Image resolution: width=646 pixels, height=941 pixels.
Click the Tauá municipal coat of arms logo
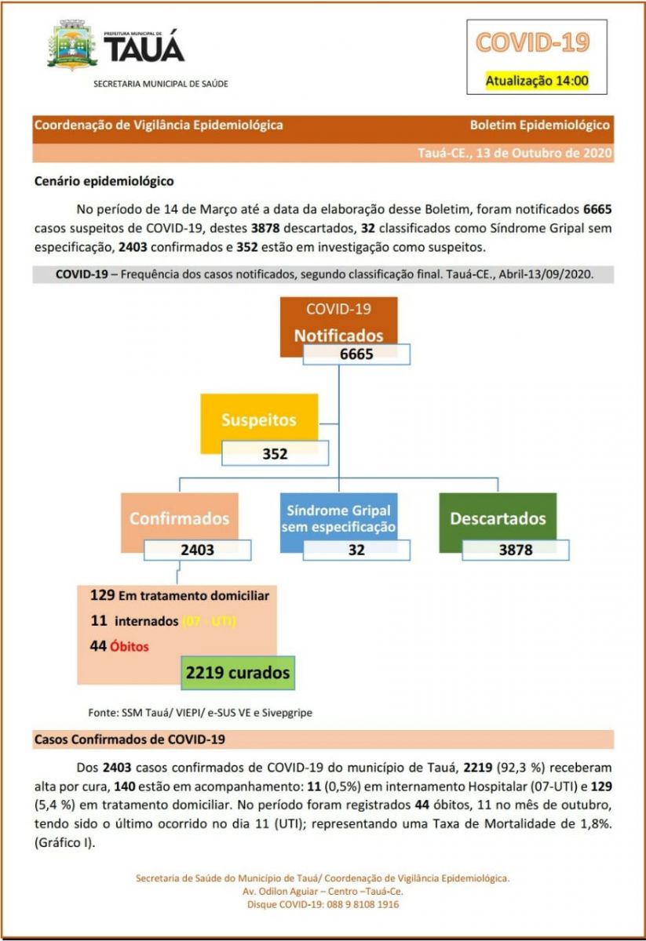[x=73, y=46]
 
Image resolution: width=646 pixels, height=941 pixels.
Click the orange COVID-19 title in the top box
[x=532, y=42]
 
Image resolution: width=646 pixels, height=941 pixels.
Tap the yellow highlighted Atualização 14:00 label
[x=537, y=80]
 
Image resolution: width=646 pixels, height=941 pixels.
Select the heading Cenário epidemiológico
[x=104, y=181]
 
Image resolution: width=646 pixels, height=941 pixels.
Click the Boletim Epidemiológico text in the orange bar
[x=539, y=125]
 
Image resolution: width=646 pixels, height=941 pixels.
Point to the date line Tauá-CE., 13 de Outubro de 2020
[x=515, y=153]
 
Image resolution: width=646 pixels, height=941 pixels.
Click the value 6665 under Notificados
[x=356, y=354]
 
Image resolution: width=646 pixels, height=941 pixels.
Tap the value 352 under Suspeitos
[x=275, y=453]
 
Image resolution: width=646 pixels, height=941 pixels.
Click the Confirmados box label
[x=179, y=518]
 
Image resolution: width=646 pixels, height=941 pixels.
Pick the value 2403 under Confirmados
[x=197, y=550]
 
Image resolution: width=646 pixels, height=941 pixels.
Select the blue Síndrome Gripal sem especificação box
[x=338, y=518]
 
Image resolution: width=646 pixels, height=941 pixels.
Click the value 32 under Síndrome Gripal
[x=356, y=550]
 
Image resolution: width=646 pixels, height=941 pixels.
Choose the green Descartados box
[x=497, y=518]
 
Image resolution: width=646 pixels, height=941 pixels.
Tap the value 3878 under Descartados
[x=515, y=550]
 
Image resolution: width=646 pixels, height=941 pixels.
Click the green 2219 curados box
[x=237, y=673]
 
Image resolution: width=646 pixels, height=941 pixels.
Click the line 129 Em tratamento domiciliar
[x=180, y=595]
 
